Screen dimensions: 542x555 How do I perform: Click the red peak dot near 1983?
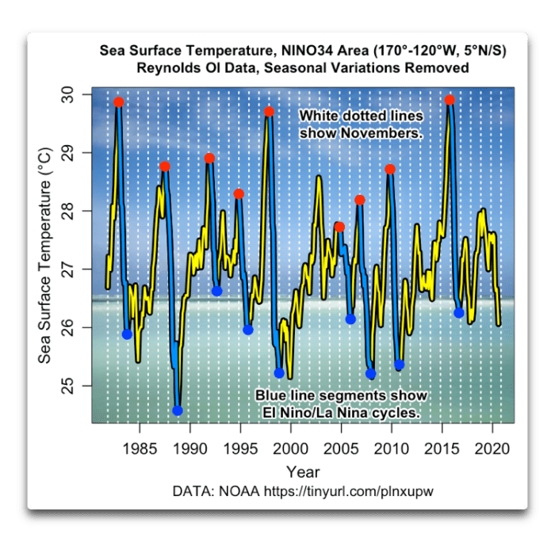(x=119, y=102)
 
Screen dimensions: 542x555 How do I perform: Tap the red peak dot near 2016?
(x=450, y=100)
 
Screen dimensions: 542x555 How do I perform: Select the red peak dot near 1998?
(x=270, y=112)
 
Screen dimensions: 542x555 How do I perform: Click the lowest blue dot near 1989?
(x=178, y=410)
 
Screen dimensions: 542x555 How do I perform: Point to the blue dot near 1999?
(x=279, y=373)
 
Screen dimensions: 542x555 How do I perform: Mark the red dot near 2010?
(x=390, y=169)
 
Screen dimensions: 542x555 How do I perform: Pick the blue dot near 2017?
(x=459, y=313)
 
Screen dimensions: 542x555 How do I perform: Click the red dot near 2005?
(x=340, y=227)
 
